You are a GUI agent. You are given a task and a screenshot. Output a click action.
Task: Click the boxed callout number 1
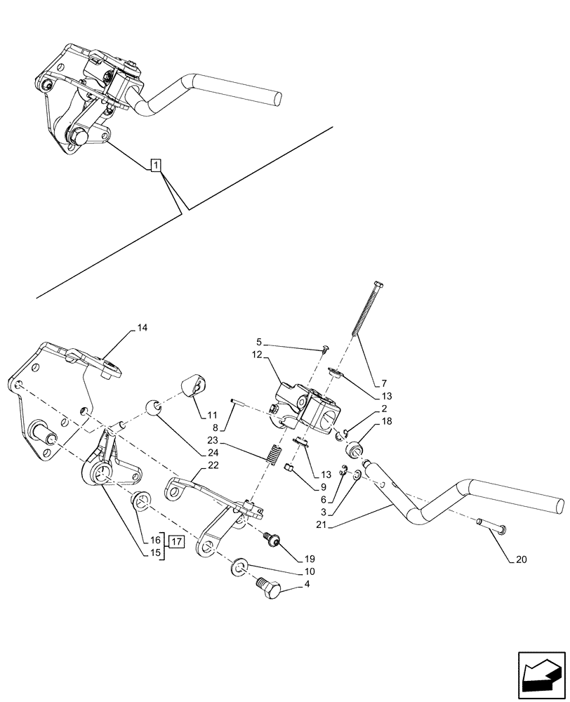[156, 166]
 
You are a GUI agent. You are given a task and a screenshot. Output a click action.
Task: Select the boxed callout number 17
[175, 542]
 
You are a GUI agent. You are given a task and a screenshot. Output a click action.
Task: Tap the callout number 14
[142, 328]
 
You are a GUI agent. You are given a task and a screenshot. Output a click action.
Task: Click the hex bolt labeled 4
[268, 588]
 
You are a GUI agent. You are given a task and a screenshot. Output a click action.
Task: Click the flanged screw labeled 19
[271, 539]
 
